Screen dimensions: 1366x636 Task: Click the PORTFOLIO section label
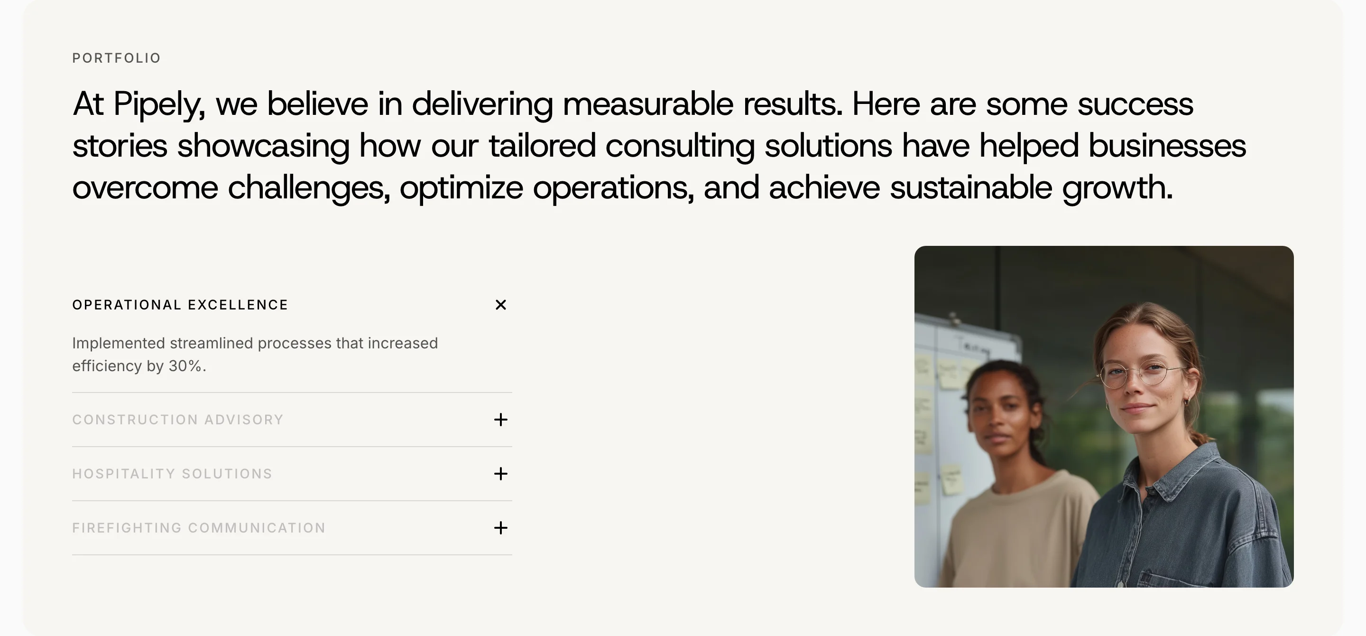click(x=116, y=58)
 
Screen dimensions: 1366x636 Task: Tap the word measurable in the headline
click(x=648, y=103)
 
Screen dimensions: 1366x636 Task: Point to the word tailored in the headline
click(x=542, y=145)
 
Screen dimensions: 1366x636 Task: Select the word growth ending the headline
click(x=1117, y=188)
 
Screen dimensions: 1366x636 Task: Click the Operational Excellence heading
click(x=180, y=305)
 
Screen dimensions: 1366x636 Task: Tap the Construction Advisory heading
click(x=178, y=420)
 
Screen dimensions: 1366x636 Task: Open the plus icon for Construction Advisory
click(x=500, y=420)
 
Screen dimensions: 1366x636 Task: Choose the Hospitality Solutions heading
click(x=172, y=474)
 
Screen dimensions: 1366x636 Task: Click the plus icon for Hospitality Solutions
click(x=500, y=474)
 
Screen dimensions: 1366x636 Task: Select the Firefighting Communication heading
click(x=199, y=528)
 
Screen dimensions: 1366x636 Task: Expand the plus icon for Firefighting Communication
click(x=500, y=528)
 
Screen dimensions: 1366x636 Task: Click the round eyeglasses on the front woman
click(x=1140, y=374)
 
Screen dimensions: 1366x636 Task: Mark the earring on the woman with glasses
click(x=1188, y=402)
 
